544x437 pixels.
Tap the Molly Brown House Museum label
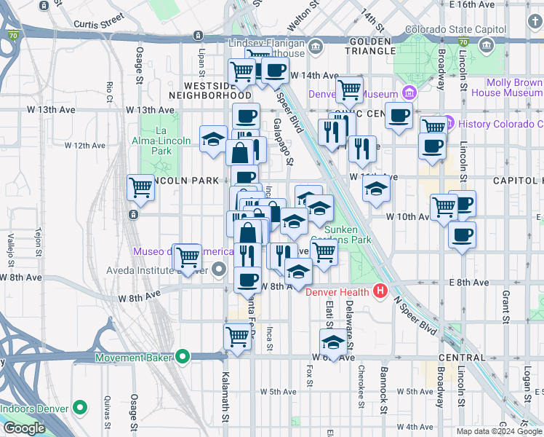point(506,88)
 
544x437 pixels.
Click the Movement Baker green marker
point(183,358)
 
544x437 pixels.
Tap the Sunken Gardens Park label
point(347,235)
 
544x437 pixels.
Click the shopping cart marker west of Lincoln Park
point(140,187)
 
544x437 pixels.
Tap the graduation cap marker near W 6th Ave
point(334,342)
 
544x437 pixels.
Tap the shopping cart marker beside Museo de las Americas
point(188,256)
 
